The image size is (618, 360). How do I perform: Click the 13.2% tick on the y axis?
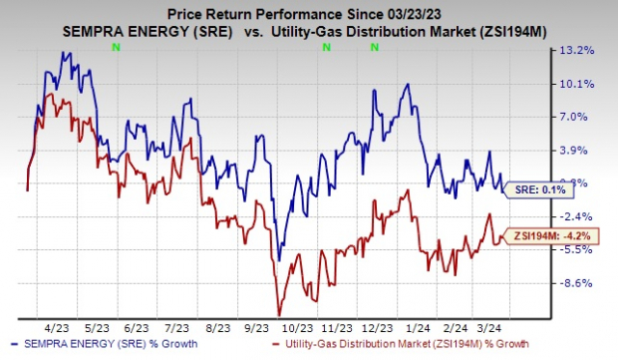point(583,49)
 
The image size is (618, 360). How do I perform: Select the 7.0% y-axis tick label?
point(583,117)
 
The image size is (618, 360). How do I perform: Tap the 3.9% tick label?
point(583,150)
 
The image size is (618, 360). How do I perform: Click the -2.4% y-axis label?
point(583,216)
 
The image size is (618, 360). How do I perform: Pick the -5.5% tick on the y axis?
point(583,250)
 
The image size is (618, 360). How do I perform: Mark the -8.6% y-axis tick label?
point(583,283)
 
